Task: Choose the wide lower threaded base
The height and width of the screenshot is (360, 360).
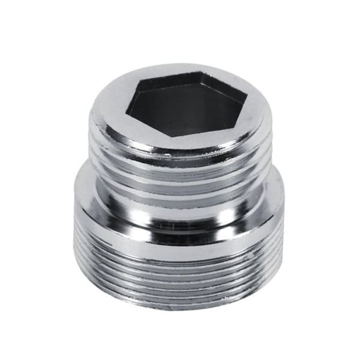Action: pyautogui.click(x=180, y=264)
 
